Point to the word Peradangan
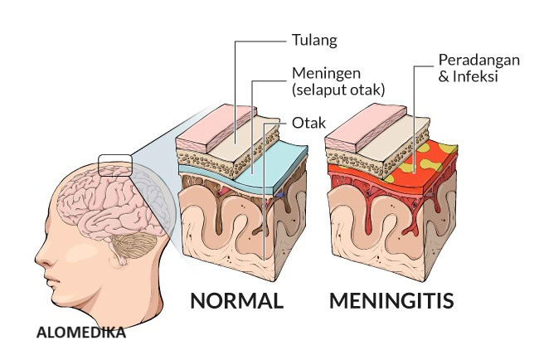[473, 61]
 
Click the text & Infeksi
[464, 78]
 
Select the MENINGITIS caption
[391, 299]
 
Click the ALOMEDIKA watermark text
[81, 333]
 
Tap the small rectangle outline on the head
[114, 165]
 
